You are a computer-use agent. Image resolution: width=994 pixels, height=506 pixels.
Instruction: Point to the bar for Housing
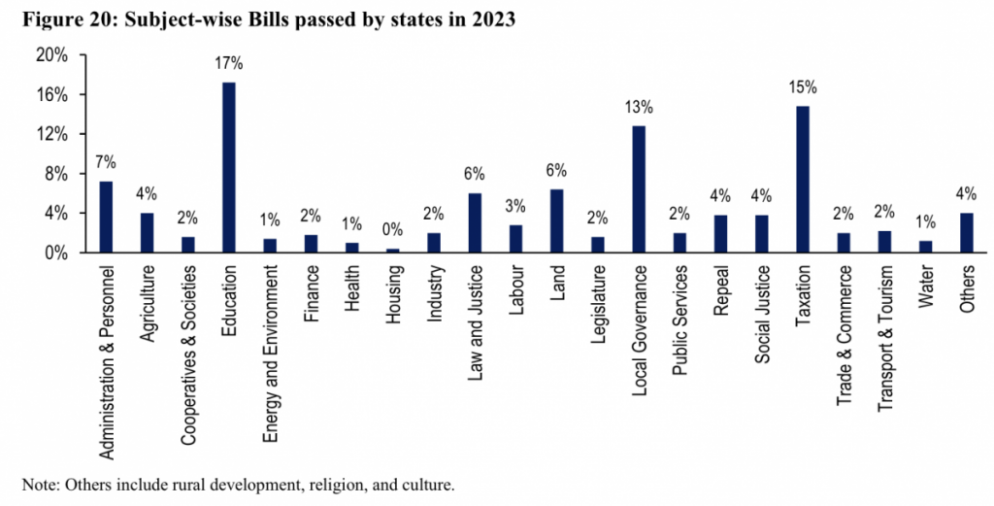(392, 250)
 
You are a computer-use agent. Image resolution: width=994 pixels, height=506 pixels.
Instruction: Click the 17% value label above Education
(229, 64)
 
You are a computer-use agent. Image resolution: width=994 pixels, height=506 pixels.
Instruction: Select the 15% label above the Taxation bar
(803, 87)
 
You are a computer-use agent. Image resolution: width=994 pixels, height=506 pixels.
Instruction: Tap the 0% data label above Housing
(392, 230)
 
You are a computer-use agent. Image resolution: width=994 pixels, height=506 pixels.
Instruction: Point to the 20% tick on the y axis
(51, 55)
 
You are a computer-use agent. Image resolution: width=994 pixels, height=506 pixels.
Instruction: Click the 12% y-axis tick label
(51, 134)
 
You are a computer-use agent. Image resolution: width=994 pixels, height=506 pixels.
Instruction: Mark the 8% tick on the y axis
(55, 174)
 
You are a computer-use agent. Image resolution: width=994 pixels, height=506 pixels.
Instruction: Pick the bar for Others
(966, 232)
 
